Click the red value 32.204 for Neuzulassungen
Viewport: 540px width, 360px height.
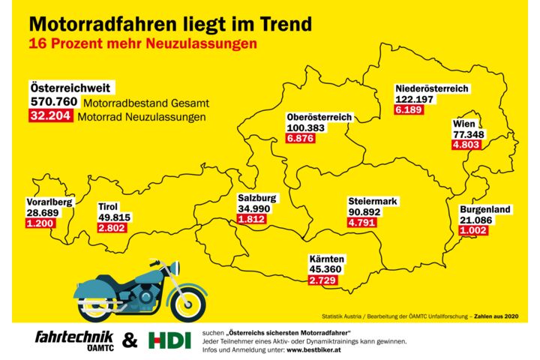point(50,116)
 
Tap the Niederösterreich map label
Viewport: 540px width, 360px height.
point(432,88)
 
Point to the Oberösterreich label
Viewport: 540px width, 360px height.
point(319,118)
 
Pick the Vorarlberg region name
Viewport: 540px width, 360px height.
point(49,202)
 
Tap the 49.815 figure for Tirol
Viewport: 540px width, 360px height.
point(114,217)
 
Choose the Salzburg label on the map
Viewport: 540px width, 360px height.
point(257,198)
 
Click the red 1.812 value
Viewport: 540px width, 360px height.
point(251,219)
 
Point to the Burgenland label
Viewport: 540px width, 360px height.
point(485,209)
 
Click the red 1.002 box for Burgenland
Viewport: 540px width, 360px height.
point(474,230)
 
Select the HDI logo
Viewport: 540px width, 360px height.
point(165,340)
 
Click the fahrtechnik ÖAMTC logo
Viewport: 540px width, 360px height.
point(73,340)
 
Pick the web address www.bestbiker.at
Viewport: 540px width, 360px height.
point(314,349)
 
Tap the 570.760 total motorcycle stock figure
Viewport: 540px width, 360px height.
point(54,102)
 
